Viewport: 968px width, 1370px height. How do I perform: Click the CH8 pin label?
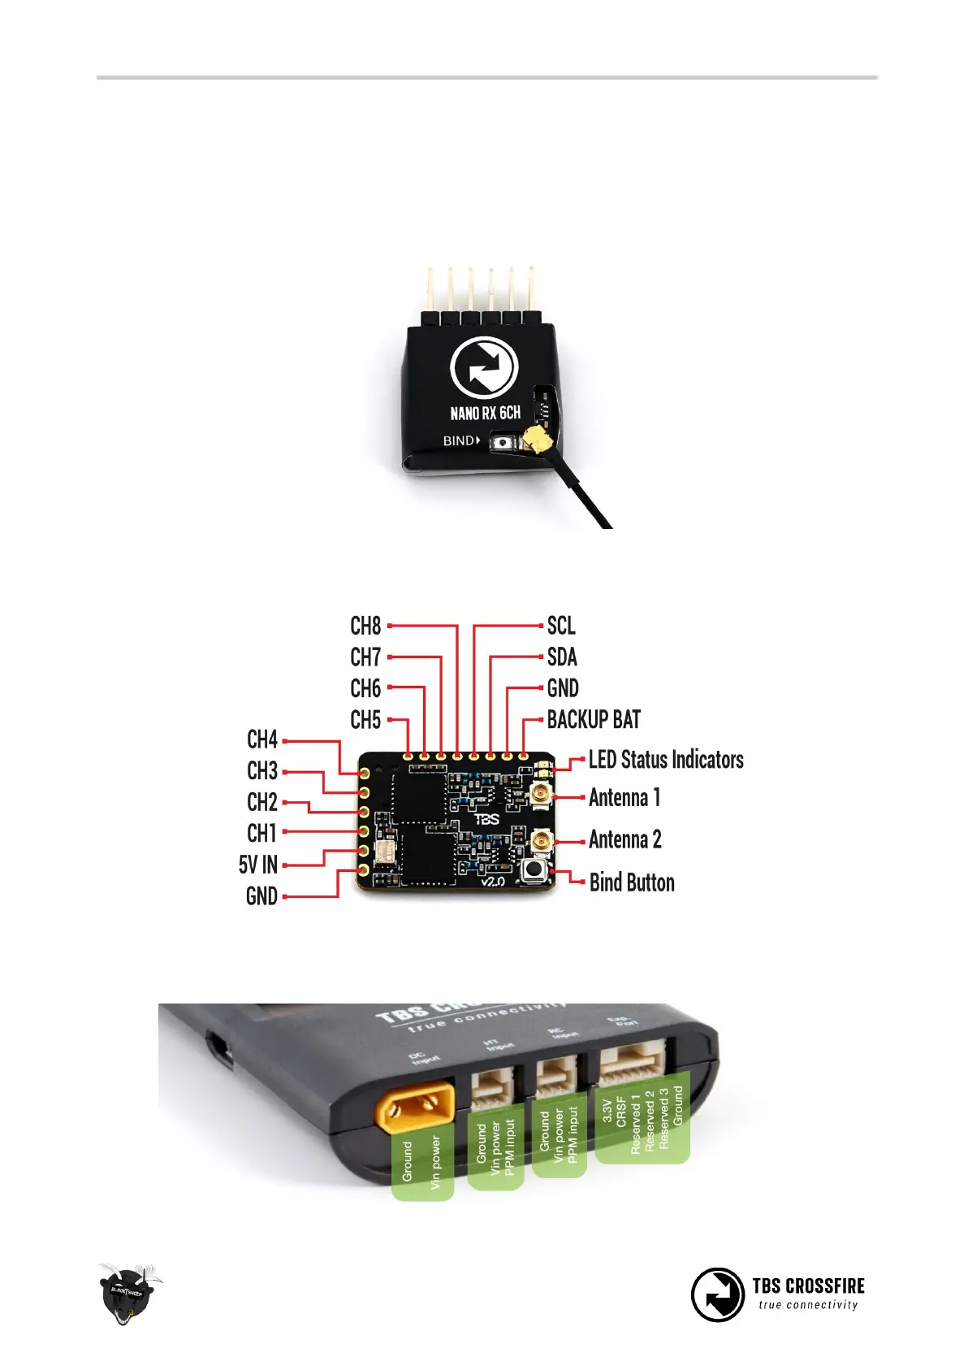pyautogui.click(x=365, y=626)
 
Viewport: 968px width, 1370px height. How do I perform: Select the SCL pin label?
pyautogui.click(x=561, y=626)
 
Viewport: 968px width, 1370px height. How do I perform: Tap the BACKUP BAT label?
pyautogui.click(x=594, y=720)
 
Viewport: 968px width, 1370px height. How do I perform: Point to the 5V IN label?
pyautogui.click(x=258, y=865)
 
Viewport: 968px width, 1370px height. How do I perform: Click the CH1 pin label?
pyautogui.click(x=262, y=834)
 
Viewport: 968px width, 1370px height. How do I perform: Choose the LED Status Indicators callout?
pyautogui.click(x=666, y=760)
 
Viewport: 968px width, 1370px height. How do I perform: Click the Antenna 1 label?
pyautogui.click(x=624, y=798)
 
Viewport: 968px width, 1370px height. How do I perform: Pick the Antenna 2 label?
pyautogui.click(x=625, y=839)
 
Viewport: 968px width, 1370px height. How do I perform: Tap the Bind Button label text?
pyautogui.click(x=632, y=882)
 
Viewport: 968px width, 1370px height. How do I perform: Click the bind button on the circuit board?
pyautogui.click(x=534, y=870)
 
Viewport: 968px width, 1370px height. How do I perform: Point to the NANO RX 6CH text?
pyautogui.click(x=485, y=413)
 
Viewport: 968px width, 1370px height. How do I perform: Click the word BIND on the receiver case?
pyautogui.click(x=459, y=440)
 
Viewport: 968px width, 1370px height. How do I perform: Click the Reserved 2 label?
pyautogui.click(x=649, y=1121)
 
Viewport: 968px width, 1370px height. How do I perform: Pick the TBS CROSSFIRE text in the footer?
pyautogui.click(x=808, y=1285)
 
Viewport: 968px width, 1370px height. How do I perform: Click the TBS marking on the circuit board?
pyautogui.click(x=486, y=819)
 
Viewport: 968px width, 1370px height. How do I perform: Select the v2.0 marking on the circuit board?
pyautogui.click(x=493, y=881)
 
